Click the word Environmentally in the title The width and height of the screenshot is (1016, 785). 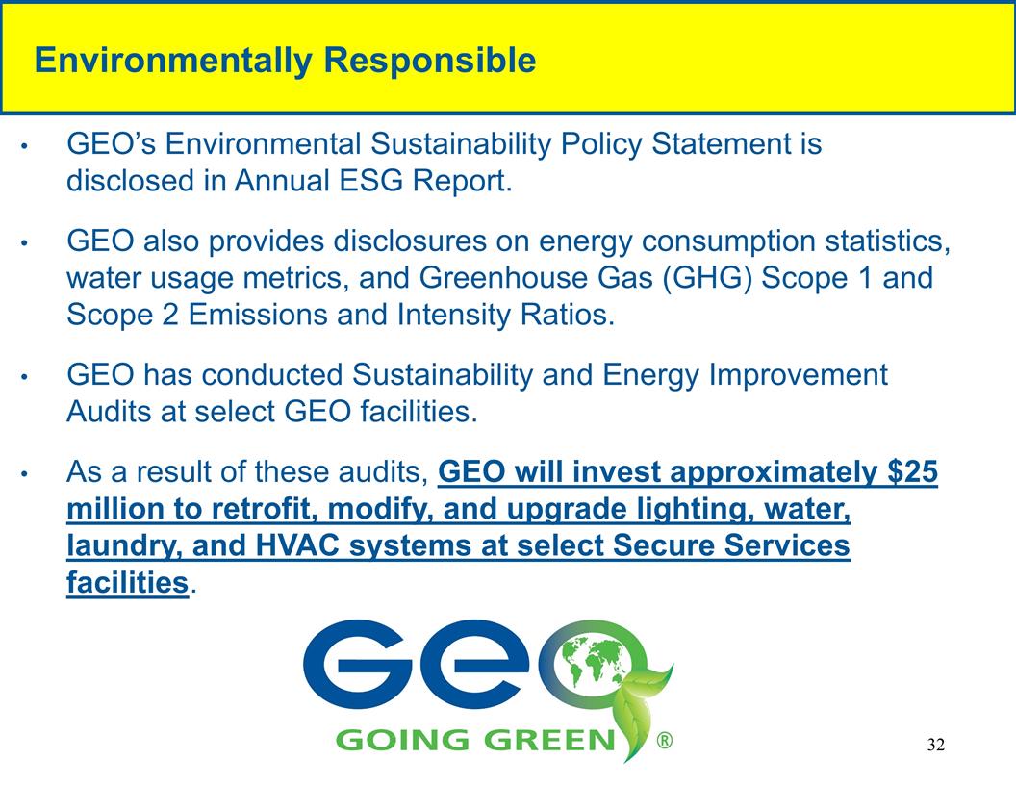point(173,62)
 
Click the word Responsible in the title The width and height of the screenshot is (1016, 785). point(429,62)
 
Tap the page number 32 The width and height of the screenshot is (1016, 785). point(936,746)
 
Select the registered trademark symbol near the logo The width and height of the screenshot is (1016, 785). point(664,742)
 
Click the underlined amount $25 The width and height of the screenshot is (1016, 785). point(913,473)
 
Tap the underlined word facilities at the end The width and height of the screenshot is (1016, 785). point(128,583)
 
